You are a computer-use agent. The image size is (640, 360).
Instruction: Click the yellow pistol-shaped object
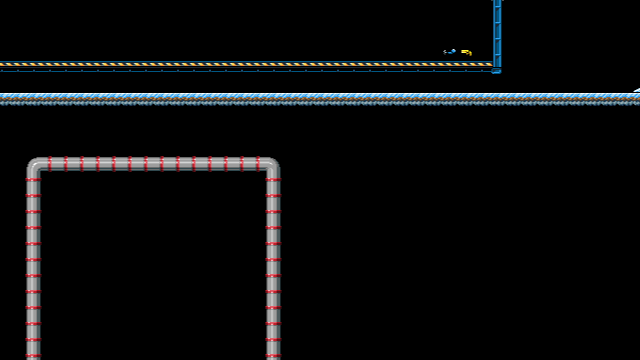click(x=466, y=51)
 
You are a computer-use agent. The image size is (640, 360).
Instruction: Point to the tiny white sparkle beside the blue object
click(x=444, y=51)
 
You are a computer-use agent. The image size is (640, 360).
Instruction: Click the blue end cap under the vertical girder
click(x=496, y=71)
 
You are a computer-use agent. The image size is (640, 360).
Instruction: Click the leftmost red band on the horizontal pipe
click(x=50, y=164)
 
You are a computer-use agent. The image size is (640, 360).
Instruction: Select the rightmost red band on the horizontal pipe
click(x=258, y=164)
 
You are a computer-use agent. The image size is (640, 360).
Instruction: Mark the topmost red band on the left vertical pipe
click(x=33, y=179)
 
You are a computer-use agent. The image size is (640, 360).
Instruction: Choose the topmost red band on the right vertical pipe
click(x=273, y=179)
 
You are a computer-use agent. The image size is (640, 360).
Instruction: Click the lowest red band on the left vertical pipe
click(x=33, y=355)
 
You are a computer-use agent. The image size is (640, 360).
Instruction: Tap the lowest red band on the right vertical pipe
click(x=273, y=355)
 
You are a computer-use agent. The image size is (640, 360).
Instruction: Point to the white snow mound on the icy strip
click(x=637, y=90)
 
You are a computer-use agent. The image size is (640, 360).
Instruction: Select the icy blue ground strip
click(x=320, y=95)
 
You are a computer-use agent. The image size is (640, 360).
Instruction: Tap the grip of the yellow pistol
click(x=469, y=53)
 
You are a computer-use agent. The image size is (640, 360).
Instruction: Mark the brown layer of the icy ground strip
click(x=320, y=99)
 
